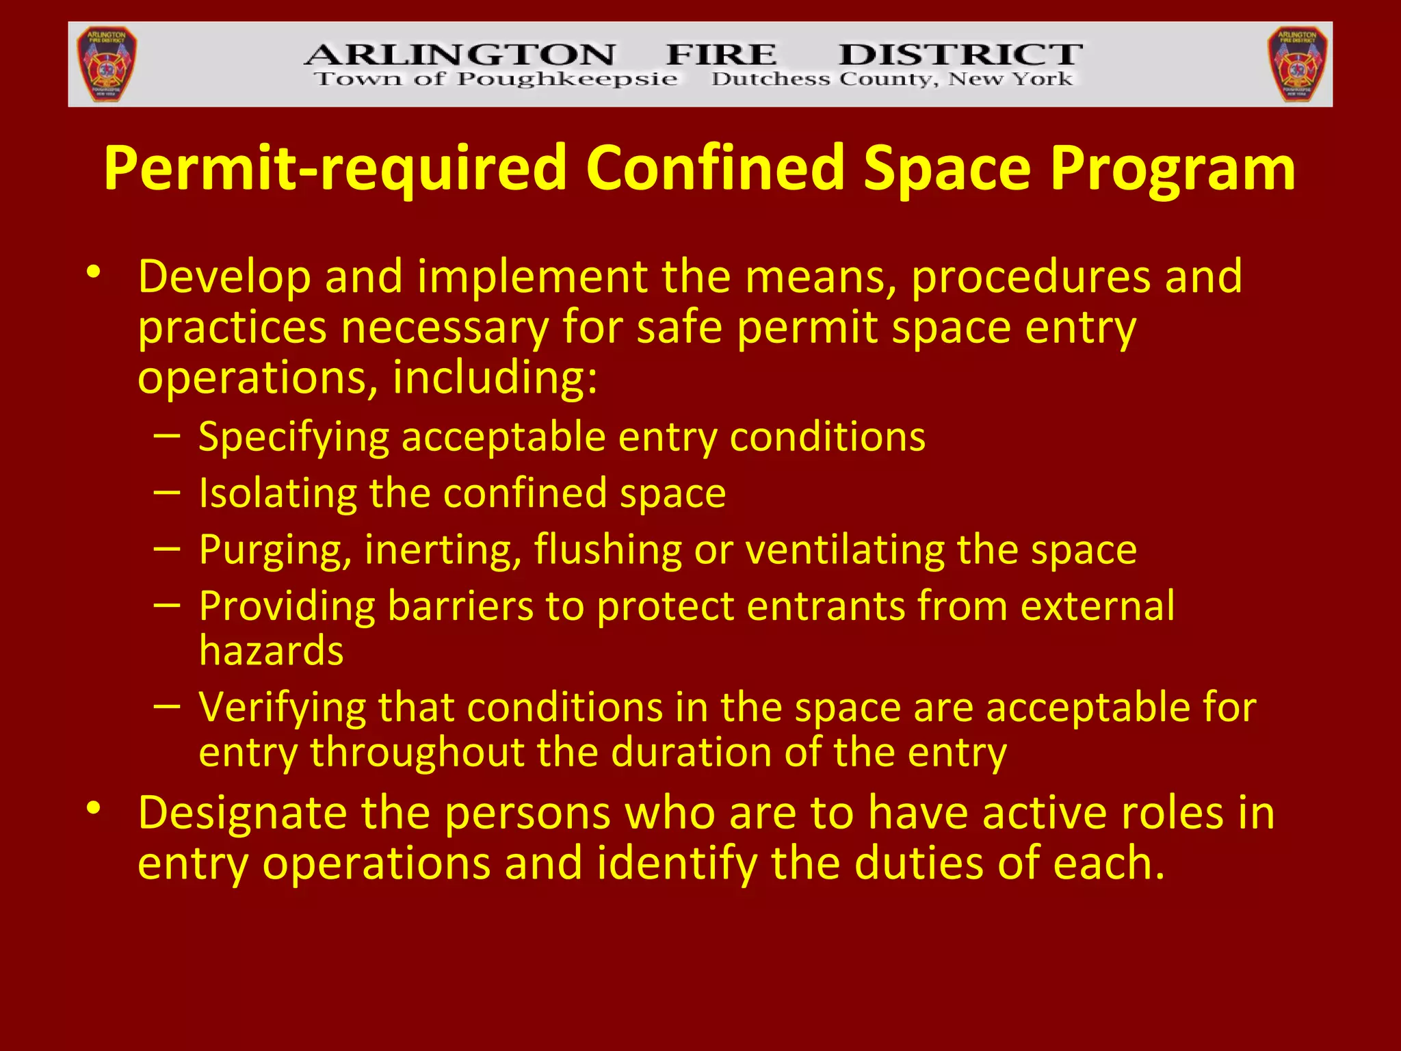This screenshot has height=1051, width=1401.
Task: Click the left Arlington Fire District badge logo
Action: click(107, 64)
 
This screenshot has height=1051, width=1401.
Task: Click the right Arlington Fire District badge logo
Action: click(1297, 64)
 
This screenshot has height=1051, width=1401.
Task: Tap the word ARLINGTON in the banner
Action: click(460, 55)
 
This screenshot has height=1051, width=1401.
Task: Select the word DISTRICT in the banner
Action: click(960, 55)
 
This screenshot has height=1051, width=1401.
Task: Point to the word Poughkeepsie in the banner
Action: click(567, 80)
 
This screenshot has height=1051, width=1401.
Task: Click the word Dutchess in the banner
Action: click(770, 79)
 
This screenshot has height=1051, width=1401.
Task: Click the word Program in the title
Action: click(1172, 169)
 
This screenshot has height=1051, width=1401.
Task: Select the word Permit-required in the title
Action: click(335, 169)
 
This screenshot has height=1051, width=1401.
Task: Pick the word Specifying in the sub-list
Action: click(293, 438)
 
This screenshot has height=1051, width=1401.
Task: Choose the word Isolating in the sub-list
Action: click(277, 493)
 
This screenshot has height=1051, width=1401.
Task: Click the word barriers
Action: click(460, 606)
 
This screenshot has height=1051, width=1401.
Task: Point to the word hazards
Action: click(272, 651)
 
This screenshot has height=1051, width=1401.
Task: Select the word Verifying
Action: click(282, 708)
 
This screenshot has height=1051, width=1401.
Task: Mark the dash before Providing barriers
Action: click(167, 605)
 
